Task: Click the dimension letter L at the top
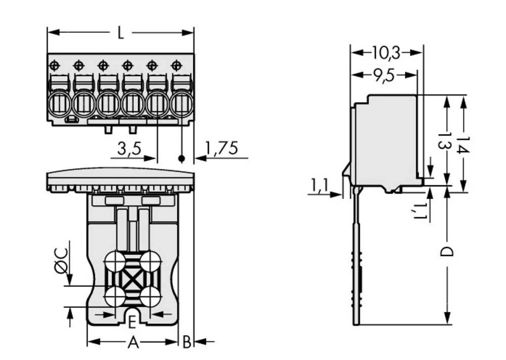pyautogui.click(x=120, y=33)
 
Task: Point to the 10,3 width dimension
pyautogui.click(x=386, y=52)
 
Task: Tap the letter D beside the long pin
pyautogui.click(x=446, y=252)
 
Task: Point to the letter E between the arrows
pyautogui.click(x=132, y=322)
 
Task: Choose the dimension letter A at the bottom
pyautogui.click(x=133, y=342)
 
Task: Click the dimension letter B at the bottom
pyautogui.click(x=186, y=342)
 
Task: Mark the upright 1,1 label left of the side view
pyautogui.click(x=319, y=186)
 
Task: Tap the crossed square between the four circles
pyautogui.click(x=133, y=279)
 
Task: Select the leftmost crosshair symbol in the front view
pyautogui.click(x=54, y=65)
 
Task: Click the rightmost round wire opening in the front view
pyautogui.click(x=181, y=105)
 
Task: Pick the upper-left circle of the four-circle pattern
pyautogui.click(x=115, y=262)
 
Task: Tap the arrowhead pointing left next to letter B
pyautogui.click(x=198, y=342)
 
